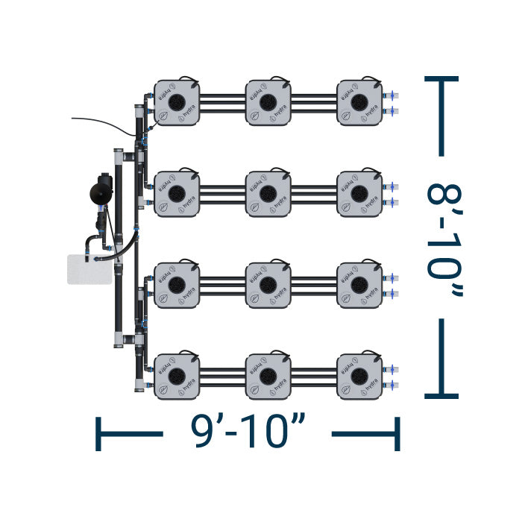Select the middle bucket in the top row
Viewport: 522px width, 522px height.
pos(268,102)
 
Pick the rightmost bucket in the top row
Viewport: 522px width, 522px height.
pos(359,102)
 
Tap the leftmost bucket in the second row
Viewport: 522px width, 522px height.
pos(177,193)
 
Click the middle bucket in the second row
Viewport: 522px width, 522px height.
pos(268,193)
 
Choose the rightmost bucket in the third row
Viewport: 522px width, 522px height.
pos(359,284)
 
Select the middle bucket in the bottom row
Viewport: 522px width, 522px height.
pos(268,375)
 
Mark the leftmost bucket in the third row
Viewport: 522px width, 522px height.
pos(177,284)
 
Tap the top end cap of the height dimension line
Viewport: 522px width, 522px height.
pos(441,78)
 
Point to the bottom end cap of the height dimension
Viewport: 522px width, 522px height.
pos(441,395)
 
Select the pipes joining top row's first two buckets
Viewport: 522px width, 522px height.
pos(223,102)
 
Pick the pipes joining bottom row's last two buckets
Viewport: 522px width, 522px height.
pos(314,375)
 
